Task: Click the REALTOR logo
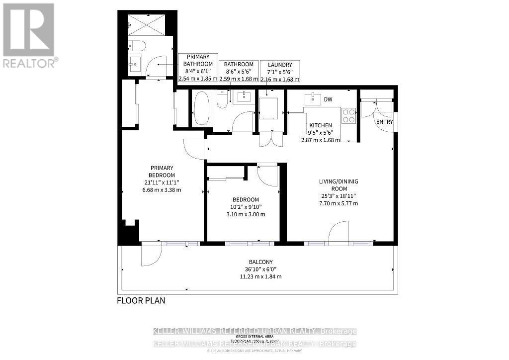pyautogui.click(x=28, y=35)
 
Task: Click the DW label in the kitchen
pyautogui.click(x=328, y=100)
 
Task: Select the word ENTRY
pyautogui.click(x=384, y=122)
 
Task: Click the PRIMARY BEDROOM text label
pyautogui.click(x=163, y=172)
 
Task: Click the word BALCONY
pyautogui.click(x=261, y=262)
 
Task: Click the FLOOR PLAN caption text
pyautogui.click(x=141, y=300)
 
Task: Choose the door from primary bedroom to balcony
pyautogui.click(x=151, y=254)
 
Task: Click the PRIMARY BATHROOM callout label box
pyautogui.click(x=198, y=68)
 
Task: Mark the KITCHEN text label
pyautogui.click(x=321, y=125)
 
